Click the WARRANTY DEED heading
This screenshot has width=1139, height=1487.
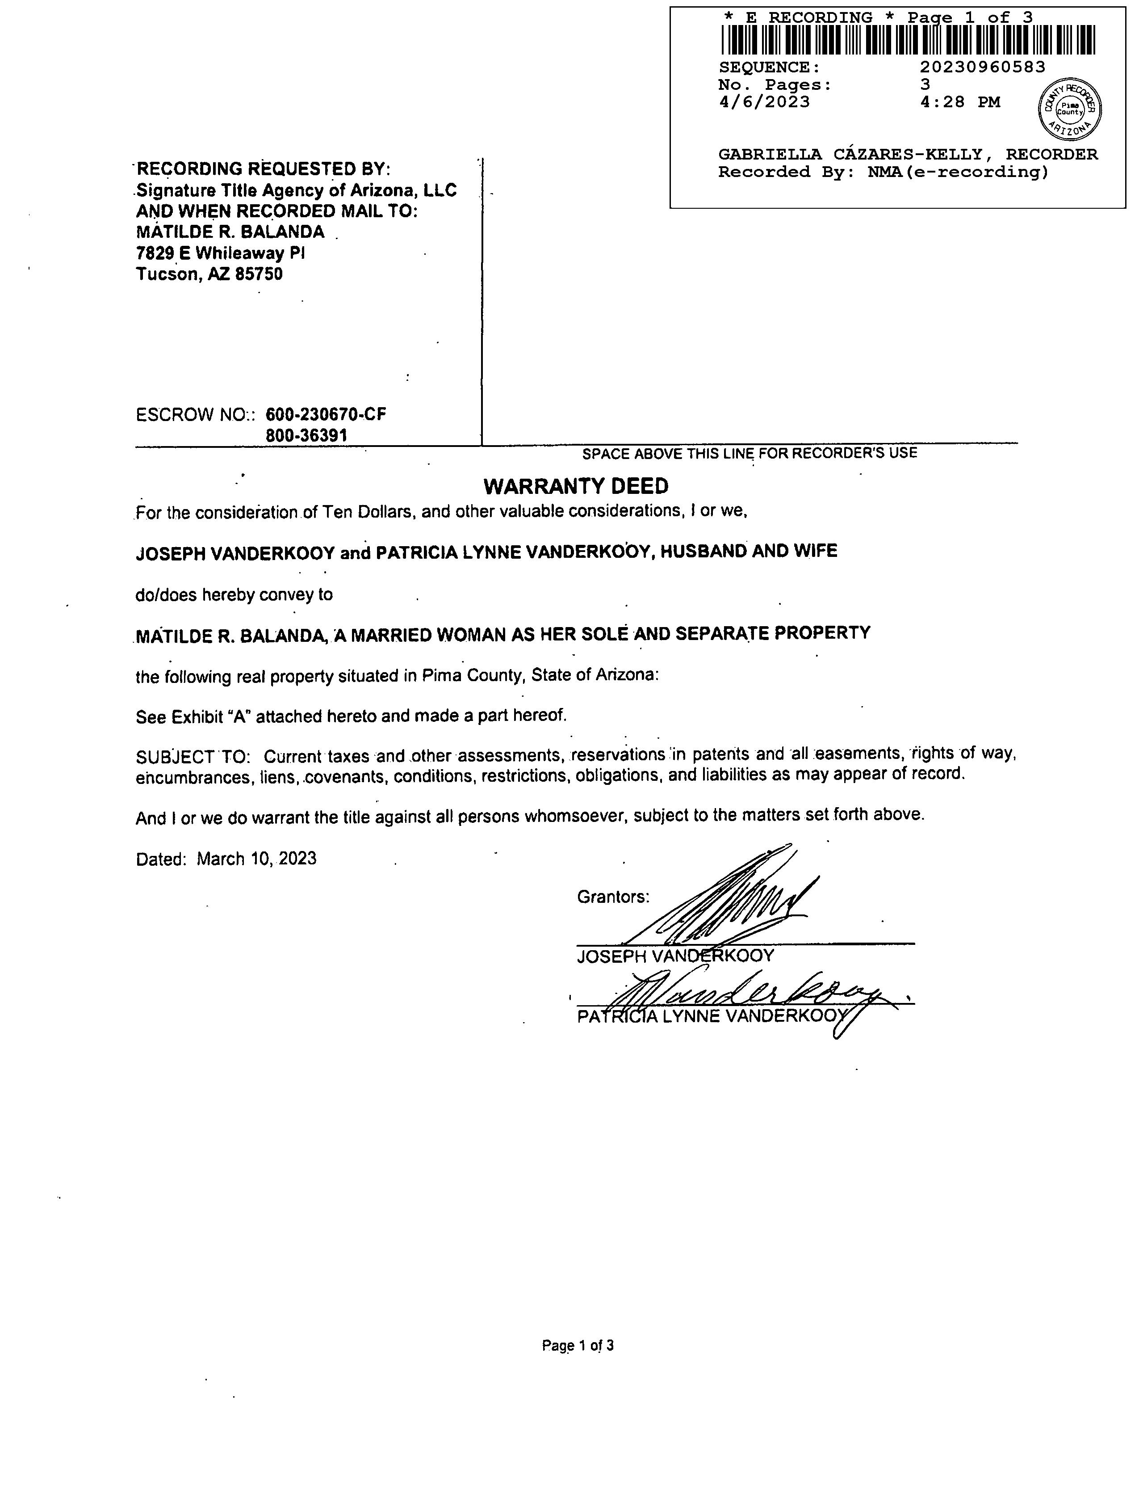576,486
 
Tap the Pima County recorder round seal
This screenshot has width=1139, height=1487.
1070,109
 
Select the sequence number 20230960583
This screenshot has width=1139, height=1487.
982,67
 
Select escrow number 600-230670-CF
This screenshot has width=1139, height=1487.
326,414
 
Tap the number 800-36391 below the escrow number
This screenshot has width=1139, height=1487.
306,435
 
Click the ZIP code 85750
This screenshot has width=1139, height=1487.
259,274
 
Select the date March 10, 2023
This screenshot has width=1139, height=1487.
256,859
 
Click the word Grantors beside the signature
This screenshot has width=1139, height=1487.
613,897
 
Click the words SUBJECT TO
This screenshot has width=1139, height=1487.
193,756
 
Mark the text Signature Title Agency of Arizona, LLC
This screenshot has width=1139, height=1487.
296,190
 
